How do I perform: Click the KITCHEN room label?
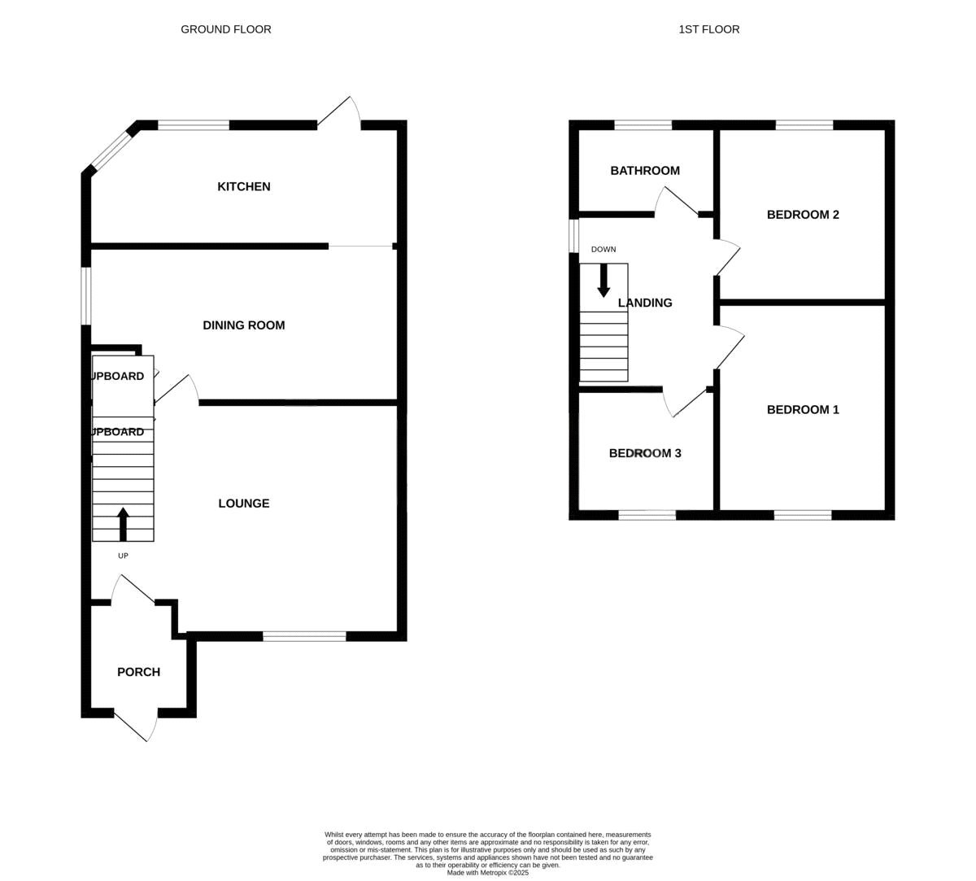243,187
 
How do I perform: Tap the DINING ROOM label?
243,325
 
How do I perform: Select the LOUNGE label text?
243,504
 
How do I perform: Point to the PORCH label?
138,672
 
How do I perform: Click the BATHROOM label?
645,171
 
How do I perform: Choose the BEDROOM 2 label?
803,215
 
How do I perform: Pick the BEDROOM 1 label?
803,410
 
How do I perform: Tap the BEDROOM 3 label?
645,453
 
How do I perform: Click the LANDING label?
645,303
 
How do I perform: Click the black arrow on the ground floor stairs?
123,524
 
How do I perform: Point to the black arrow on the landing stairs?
603,280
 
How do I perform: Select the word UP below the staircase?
123,556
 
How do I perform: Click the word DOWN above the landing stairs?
603,250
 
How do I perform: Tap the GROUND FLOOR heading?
226,29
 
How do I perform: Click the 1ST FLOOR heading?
709,29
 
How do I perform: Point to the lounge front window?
304,636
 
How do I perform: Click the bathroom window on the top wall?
643,125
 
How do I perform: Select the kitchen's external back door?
338,116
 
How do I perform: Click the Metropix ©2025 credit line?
488,873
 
